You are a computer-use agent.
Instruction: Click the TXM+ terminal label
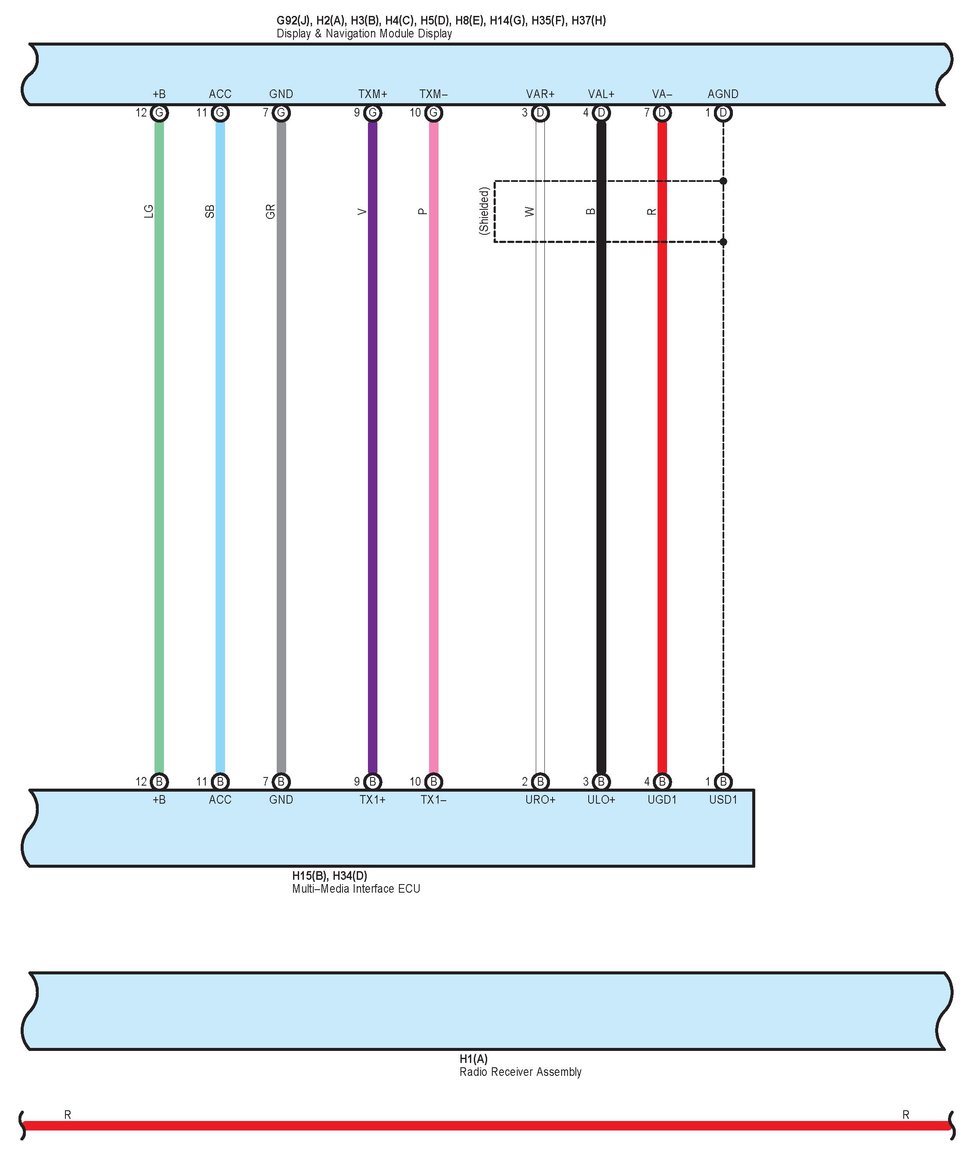tap(372, 94)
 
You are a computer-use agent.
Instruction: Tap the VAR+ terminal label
tap(540, 94)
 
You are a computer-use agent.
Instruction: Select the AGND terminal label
tap(723, 94)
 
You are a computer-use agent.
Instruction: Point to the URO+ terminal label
tap(540, 799)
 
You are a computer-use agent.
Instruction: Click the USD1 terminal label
tap(723, 799)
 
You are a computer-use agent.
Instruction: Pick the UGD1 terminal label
tap(662, 799)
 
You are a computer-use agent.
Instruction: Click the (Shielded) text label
tap(484, 211)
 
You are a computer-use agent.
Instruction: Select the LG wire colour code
tap(148, 211)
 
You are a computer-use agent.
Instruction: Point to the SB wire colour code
tap(210, 211)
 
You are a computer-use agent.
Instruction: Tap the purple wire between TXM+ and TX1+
tap(372, 442)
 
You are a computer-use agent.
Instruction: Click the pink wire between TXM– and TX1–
tap(434, 442)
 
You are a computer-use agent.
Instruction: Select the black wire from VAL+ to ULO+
tap(601, 442)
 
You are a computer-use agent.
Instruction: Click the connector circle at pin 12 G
tap(159, 113)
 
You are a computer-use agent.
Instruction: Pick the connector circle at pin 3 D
tap(541, 113)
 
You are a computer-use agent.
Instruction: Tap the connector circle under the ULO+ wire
tap(601, 781)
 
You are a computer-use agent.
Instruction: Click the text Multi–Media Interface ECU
tap(356, 889)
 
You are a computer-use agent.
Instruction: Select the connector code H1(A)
tap(473, 1059)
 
